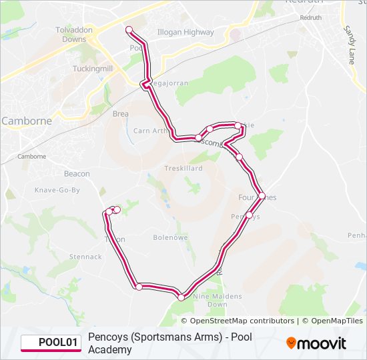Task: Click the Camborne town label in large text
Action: (27, 121)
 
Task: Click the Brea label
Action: (120, 114)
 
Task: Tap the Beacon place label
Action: (77, 174)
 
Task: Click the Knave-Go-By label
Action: (57, 190)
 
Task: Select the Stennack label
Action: (85, 257)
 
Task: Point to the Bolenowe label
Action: (171, 237)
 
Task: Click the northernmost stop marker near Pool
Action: (129, 29)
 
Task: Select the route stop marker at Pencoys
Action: (249, 215)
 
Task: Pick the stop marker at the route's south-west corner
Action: (139, 287)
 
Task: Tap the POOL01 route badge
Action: (51, 343)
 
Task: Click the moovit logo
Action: (316, 343)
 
